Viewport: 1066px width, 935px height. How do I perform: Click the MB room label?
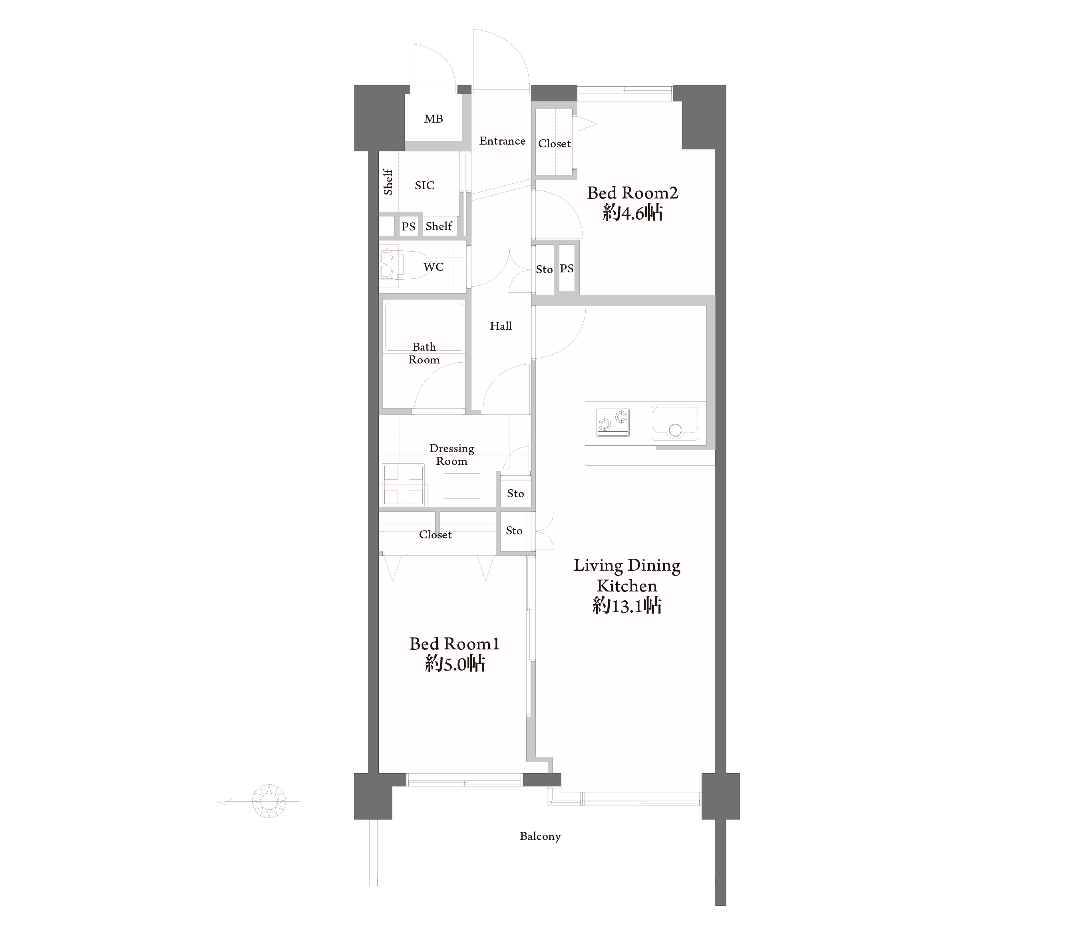point(434,119)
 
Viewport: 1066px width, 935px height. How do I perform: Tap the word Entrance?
point(502,141)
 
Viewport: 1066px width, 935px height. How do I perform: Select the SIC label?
point(425,185)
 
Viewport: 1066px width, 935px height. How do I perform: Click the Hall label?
point(501,326)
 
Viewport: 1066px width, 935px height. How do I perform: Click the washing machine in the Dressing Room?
point(403,484)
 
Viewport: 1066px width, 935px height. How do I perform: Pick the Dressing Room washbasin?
point(462,486)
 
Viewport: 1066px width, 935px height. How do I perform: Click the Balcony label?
point(540,836)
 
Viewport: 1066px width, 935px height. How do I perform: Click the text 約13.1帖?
point(627,605)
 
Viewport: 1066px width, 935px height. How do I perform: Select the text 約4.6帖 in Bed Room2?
point(632,213)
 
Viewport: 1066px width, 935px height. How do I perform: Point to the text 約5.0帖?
point(455,663)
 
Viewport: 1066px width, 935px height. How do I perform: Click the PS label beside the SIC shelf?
point(408,226)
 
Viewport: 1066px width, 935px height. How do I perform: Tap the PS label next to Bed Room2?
point(567,268)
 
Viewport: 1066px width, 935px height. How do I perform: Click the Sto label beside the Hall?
point(544,269)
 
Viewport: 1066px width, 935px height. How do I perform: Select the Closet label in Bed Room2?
point(555,143)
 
